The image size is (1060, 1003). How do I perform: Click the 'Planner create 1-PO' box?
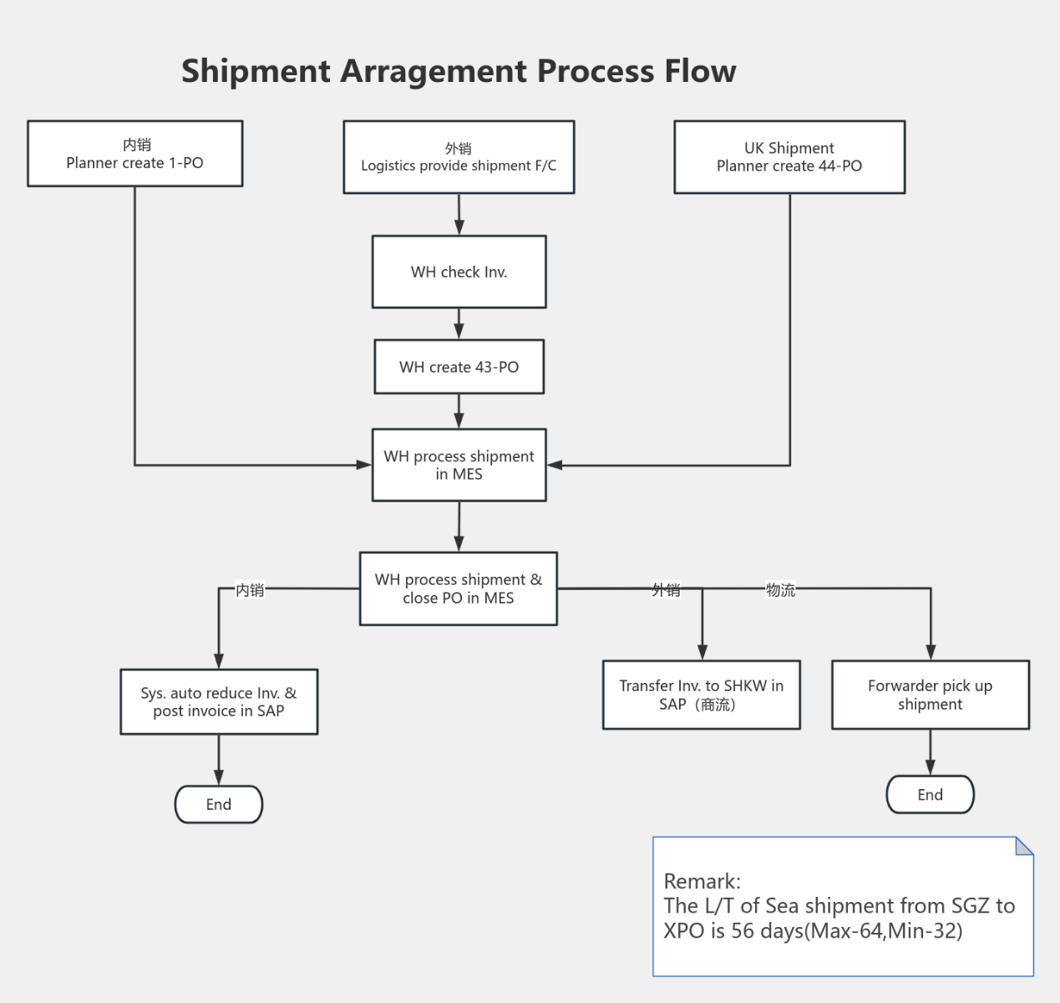click(134, 154)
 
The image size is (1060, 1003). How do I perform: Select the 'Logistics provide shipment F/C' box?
click(459, 157)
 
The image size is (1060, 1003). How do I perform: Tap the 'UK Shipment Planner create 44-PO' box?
click(789, 157)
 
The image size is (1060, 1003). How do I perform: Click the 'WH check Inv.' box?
click(459, 272)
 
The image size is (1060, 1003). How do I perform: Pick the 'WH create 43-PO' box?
click(459, 367)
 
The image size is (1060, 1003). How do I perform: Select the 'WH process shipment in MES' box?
click(459, 465)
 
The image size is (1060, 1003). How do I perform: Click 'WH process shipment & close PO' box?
click(458, 588)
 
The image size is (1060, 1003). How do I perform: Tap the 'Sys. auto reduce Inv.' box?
click(219, 702)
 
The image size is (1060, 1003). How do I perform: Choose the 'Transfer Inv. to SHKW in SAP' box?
click(701, 695)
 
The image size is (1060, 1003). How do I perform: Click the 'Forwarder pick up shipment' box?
click(930, 695)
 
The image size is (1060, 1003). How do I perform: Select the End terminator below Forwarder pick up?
click(930, 795)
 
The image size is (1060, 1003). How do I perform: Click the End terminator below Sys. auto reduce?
click(219, 804)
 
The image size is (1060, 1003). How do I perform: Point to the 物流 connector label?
click(780, 590)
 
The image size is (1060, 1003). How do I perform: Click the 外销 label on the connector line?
click(666, 590)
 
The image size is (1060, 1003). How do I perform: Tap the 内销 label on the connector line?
click(250, 590)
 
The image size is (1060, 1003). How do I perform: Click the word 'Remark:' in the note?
click(702, 881)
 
